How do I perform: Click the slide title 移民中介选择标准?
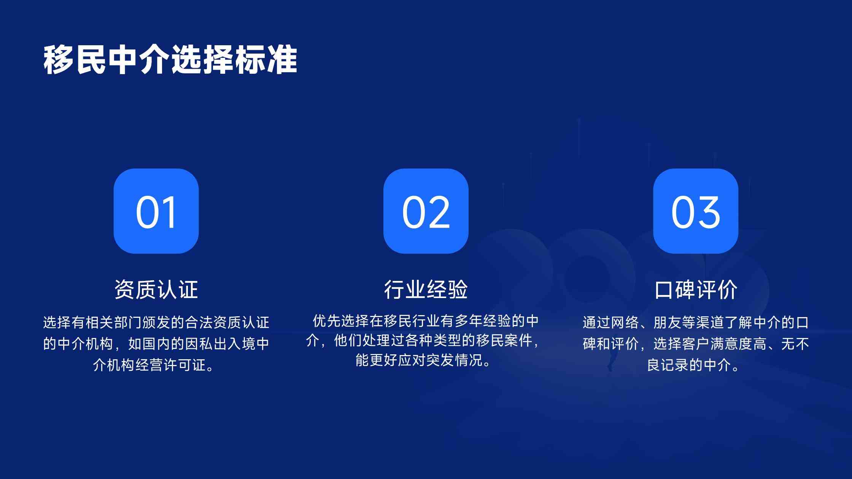click(170, 60)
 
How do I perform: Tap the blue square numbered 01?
click(156, 211)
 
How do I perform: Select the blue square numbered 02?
click(426, 211)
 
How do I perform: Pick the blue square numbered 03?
click(696, 211)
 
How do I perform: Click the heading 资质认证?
click(156, 290)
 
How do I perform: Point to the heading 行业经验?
click(426, 290)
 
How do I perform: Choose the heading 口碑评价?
click(696, 290)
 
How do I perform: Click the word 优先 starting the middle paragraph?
click(327, 321)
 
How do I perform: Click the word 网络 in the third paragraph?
click(625, 322)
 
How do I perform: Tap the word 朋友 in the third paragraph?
click(667, 322)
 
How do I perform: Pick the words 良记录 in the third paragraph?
click(668, 365)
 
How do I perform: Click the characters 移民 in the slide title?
click(75, 60)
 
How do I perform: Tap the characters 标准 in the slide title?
click(266, 60)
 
